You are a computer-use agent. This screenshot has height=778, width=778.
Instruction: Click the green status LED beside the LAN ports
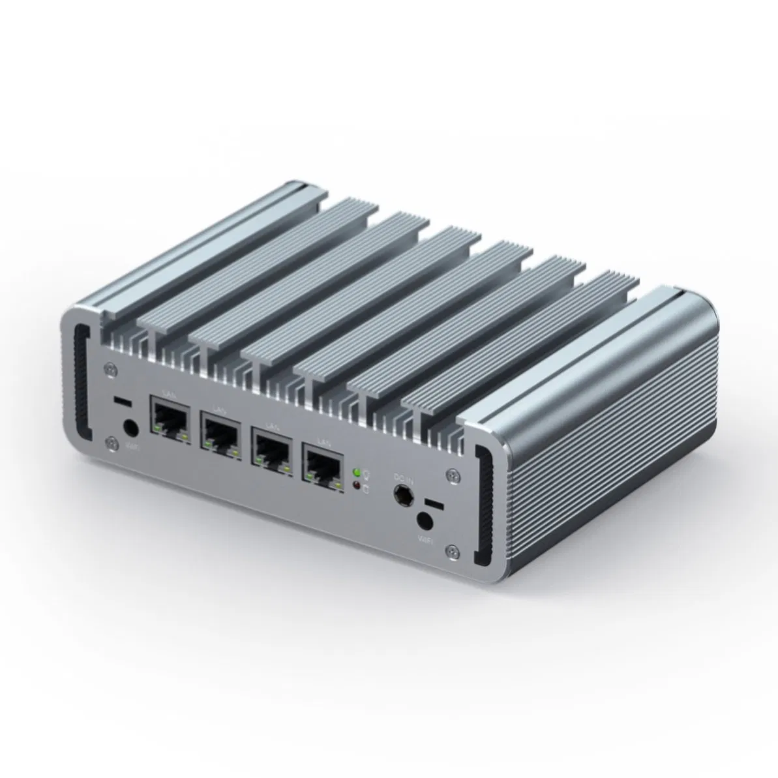tap(355, 471)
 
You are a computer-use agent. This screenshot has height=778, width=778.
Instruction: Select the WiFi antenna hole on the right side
tap(425, 521)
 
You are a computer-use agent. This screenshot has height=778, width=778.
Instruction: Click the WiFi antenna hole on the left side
tap(130, 428)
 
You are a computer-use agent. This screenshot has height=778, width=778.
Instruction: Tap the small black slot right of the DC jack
tap(432, 504)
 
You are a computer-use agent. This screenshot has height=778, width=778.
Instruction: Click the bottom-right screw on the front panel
tap(449, 550)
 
